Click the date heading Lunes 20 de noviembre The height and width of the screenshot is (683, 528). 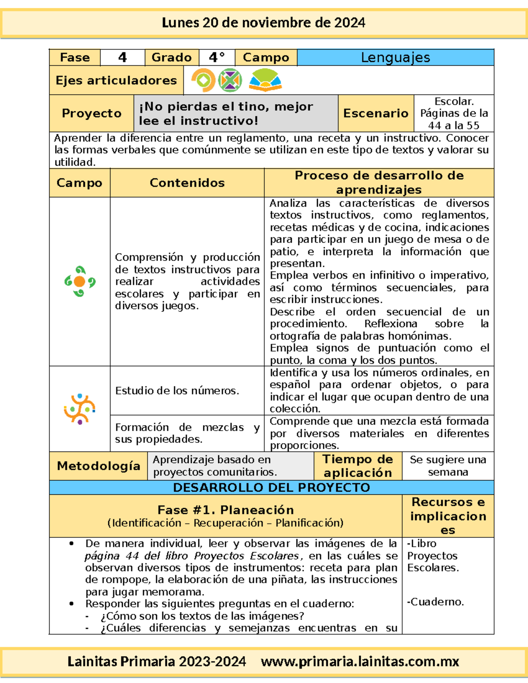coord(263,23)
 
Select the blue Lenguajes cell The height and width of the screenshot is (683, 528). coord(395,58)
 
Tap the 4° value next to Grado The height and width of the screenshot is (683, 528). coord(216,58)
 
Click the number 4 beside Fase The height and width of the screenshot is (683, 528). coord(122,58)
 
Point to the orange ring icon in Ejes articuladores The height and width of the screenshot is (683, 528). coord(203,80)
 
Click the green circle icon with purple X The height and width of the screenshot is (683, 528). coord(230,80)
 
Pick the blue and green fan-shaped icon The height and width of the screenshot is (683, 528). coord(265,80)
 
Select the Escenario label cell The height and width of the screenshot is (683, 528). coord(376,113)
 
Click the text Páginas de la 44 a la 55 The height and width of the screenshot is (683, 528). coord(454,119)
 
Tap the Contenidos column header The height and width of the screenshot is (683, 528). coord(187,183)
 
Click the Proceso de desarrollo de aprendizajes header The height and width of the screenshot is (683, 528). coord(379,183)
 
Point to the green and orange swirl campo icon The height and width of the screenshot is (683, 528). coord(80,281)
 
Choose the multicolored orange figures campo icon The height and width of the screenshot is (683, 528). coord(80,409)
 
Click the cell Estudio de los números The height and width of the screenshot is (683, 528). coord(177,391)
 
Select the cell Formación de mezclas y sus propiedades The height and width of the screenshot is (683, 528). coord(187,433)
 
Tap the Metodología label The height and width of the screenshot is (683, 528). coord(99,466)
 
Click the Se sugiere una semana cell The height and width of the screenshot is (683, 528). coord(448,466)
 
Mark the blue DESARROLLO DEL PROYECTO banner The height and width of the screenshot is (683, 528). coord(271,488)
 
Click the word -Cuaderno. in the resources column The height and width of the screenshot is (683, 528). coord(436,602)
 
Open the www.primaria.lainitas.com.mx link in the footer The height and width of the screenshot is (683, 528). coord(360,662)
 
